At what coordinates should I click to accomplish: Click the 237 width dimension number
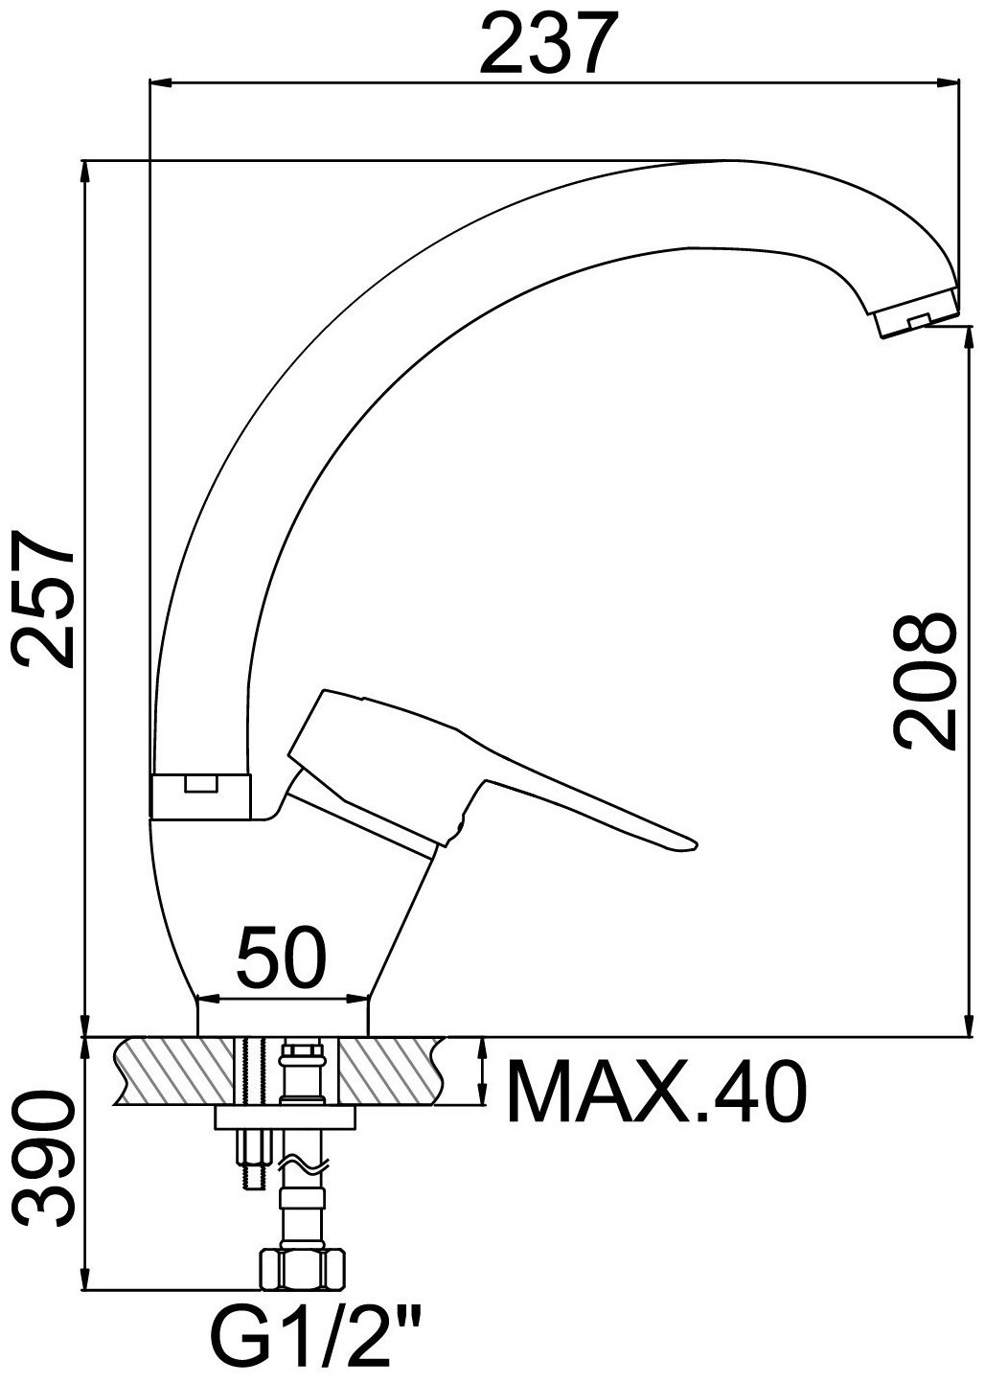coord(549,42)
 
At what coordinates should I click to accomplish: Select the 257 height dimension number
coord(44,600)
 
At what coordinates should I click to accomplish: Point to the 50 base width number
coord(281,955)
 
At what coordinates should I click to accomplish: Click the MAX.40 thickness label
coord(656,1093)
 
